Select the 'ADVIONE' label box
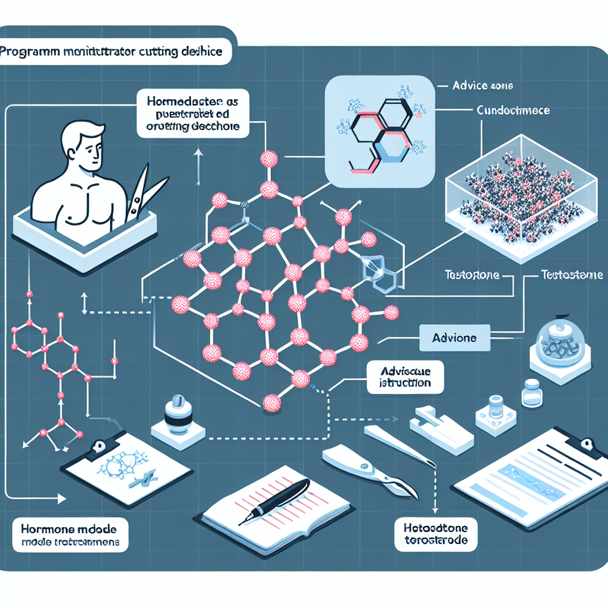click(455, 338)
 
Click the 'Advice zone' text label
click(483, 86)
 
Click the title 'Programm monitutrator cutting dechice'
click(113, 52)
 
